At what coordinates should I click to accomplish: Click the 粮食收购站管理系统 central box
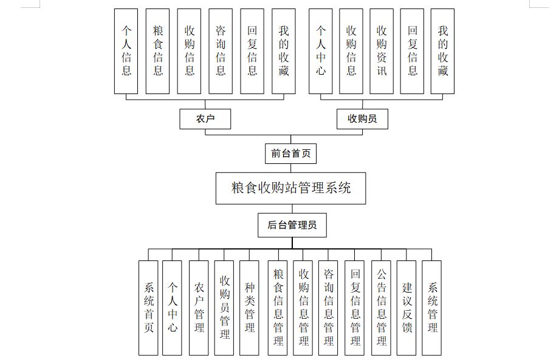click(291, 188)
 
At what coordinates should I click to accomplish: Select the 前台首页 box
click(290, 154)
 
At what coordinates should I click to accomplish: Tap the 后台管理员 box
click(292, 225)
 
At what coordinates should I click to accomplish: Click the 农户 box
click(205, 119)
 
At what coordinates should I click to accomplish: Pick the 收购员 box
click(362, 119)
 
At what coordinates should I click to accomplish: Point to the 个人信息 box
click(126, 51)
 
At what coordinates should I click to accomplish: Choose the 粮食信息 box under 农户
click(158, 51)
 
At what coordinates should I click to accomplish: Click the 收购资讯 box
click(382, 51)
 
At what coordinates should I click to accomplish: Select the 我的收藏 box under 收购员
click(443, 51)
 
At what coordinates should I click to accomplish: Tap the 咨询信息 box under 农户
click(221, 51)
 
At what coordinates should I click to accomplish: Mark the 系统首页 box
click(148, 308)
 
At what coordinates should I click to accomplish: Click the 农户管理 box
click(199, 308)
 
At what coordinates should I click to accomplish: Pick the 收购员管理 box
click(224, 308)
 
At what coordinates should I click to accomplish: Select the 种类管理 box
click(249, 308)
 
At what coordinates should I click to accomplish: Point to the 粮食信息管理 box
click(278, 308)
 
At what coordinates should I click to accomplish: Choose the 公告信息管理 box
click(381, 308)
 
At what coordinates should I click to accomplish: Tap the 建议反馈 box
click(406, 308)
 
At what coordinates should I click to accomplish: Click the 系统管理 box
click(432, 308)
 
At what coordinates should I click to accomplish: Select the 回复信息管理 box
click(355, 308)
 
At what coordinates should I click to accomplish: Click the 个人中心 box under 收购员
click(321, 51)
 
